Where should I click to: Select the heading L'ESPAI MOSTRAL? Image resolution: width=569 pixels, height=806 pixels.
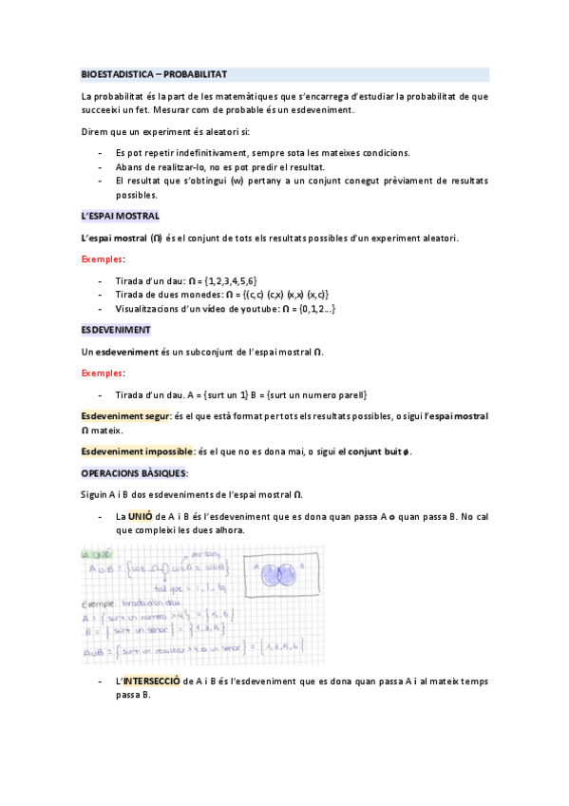click(120, 217)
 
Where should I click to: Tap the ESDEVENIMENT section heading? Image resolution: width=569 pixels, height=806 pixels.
click(116, 330)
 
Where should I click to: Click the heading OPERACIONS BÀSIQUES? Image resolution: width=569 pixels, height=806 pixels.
click(135, 472)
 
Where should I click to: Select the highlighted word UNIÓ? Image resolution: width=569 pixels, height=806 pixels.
click(140, 516)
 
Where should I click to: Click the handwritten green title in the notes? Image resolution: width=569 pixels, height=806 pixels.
click(97, 554)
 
